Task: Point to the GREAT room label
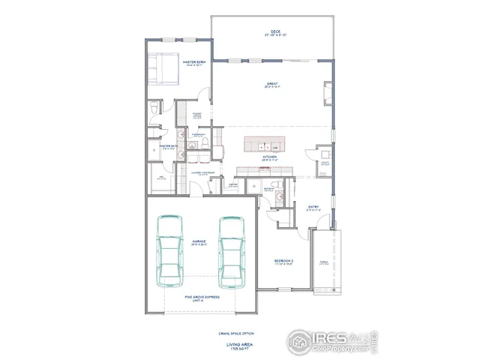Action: point(271,83)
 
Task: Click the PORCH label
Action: point(324,262)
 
